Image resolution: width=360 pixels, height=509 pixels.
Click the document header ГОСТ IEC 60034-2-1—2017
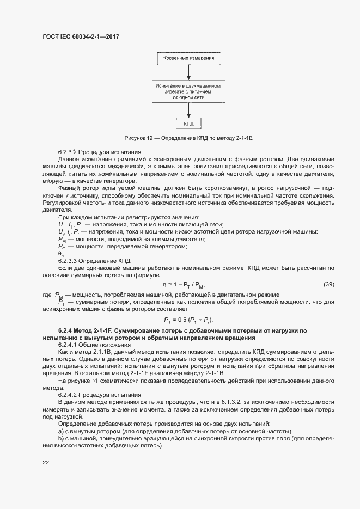coord(81,36)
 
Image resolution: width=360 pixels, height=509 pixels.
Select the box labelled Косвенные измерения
coord(188,58)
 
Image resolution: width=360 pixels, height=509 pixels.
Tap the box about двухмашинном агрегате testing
coord(188,91)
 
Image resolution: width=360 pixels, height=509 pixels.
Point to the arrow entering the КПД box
coord(188,112)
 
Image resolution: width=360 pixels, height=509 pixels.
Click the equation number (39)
coord(328,284)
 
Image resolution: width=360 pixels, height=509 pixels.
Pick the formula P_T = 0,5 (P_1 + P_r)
coord(188,320)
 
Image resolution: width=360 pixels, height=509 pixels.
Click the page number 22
coord(46,462)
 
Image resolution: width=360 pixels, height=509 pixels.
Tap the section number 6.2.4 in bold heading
coord(65,331)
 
